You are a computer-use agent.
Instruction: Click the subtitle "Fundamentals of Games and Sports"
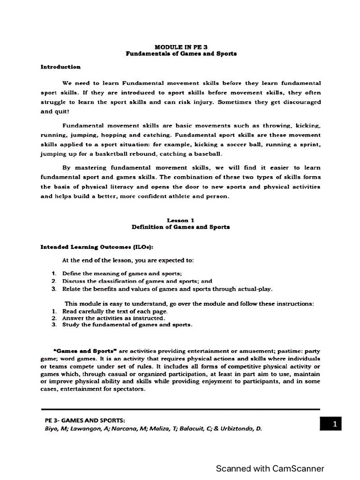click(181, 53)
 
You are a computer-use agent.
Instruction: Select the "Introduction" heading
click(60, 67)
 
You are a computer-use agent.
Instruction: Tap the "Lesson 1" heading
click(180, 220)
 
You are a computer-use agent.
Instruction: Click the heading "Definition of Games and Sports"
click(180, 227)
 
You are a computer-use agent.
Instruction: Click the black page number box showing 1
click(335, 424)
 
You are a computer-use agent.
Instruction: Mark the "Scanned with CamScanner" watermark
click(270, 468)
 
